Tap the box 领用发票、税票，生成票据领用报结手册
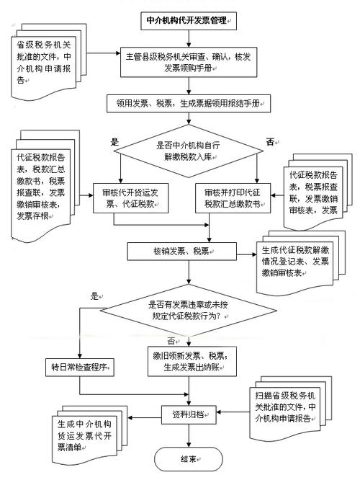pos(189,104)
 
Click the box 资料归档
pos(189,414)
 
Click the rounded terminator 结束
pos(189,458)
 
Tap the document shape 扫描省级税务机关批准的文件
pos(292,404)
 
